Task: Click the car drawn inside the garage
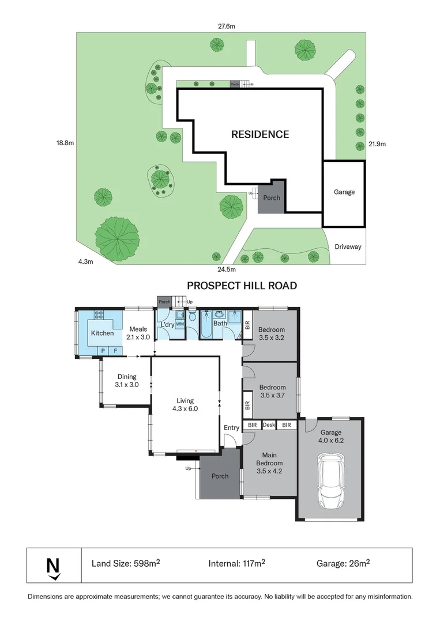[331, 481]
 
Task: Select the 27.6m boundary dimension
[227, 26]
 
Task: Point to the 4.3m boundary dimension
[85, 262]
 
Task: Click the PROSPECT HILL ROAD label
[242, 286]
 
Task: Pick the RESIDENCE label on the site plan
[260, 134]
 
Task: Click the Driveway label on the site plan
[348, 246]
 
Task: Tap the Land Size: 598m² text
[126, 563]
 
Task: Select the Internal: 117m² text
[236, 563]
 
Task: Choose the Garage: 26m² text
[343, 563]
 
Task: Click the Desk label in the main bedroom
[269, 425]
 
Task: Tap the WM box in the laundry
[180, 324]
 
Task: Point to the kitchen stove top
[99, 315]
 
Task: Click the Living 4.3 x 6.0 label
[185, 405]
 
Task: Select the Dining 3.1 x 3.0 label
[127, 381]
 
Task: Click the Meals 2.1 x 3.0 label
[138, 333]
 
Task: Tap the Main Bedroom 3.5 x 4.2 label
[269, 463]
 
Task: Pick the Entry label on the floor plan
[231, 427]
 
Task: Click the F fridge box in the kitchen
[116, 351]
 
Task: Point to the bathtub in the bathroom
[206, 324]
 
